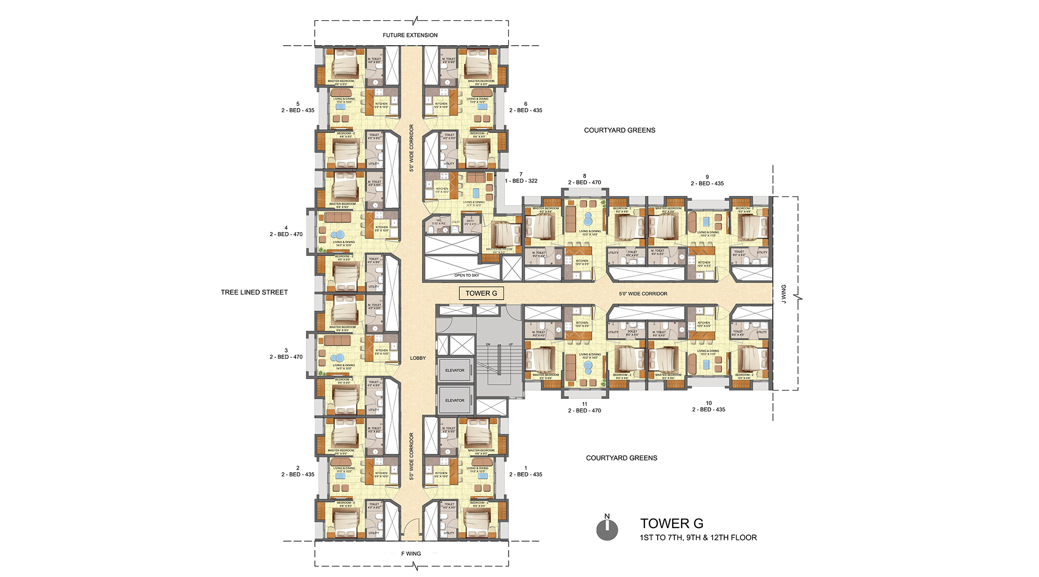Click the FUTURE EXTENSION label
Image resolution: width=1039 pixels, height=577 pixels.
410,35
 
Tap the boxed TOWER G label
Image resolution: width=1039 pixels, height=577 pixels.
481,293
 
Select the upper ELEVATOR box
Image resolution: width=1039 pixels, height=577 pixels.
455,370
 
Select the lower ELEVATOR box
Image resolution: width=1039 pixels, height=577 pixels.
455,400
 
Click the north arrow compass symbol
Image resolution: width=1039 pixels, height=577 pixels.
607,530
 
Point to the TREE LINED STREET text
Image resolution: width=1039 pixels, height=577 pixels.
254,292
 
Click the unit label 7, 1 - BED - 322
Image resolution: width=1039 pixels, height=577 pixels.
521,178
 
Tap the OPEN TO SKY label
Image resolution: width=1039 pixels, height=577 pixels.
467,275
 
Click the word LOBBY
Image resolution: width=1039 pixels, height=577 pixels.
418,358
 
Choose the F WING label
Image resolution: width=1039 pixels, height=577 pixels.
411,554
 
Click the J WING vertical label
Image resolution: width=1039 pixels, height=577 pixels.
784,294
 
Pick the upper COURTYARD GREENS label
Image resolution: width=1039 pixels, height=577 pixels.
619,130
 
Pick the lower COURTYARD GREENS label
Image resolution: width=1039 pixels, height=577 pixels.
621,458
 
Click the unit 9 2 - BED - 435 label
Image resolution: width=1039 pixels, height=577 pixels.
707,180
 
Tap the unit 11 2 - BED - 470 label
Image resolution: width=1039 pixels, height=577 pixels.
584,408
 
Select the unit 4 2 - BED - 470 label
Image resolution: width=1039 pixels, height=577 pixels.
286,231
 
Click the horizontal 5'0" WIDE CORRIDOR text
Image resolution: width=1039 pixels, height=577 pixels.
643,294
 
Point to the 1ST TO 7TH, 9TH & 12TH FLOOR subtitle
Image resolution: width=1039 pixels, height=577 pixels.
698,538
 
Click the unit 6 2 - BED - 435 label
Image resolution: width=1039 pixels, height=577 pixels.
525,108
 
